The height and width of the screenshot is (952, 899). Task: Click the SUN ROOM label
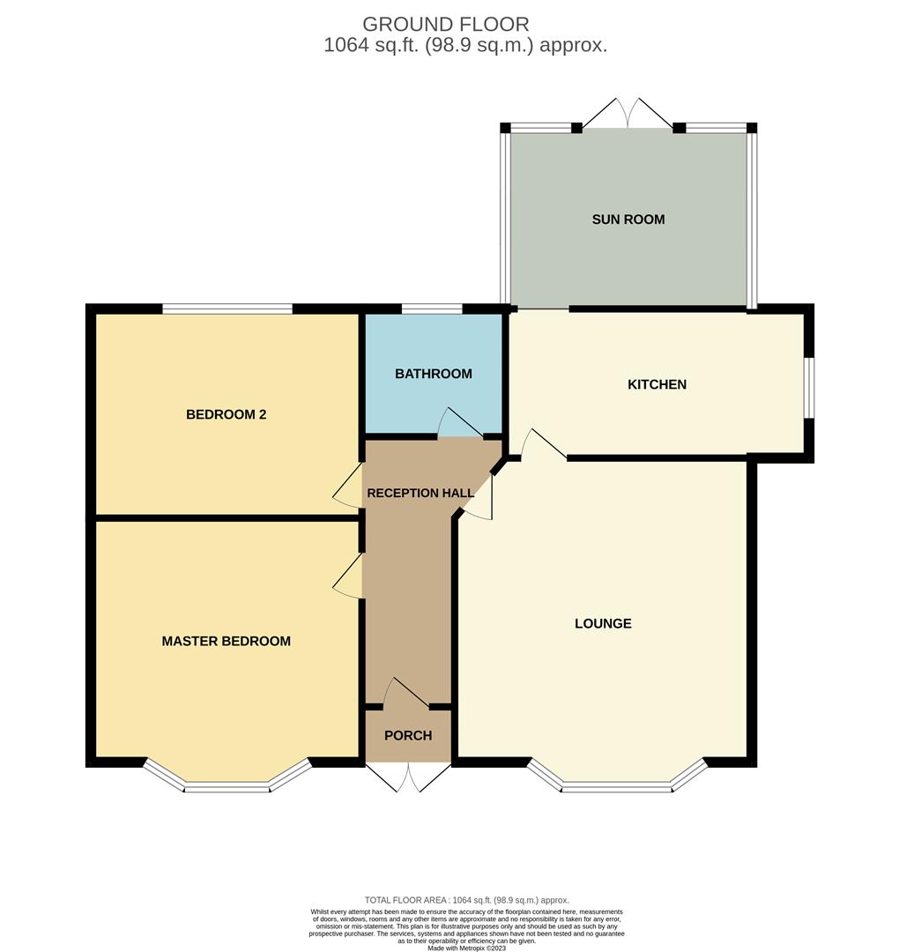(x=628, y=219)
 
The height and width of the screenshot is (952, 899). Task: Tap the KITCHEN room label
(x=657, y=384)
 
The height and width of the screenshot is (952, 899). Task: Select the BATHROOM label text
(x=433, y=374)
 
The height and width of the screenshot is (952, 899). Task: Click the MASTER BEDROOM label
(x=226, y=641)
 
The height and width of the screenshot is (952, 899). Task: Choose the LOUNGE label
(x=603, y=623)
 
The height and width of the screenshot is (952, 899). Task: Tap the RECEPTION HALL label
(x=414, y=493)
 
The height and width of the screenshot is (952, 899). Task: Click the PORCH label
(x=408, y=735)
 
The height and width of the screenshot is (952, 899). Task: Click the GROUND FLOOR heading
(x=446, y=24)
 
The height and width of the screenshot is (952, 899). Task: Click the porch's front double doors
(x=408, y=776)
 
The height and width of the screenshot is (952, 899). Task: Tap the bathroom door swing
(x=460, y=424)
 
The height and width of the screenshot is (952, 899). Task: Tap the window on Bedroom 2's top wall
(x=227, y=309)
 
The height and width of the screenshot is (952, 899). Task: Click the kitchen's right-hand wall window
(x=809, y=388)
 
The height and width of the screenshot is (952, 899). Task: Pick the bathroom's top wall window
(x=431, y=309)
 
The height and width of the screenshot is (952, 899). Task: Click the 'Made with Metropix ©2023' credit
(x=466, y=948)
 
